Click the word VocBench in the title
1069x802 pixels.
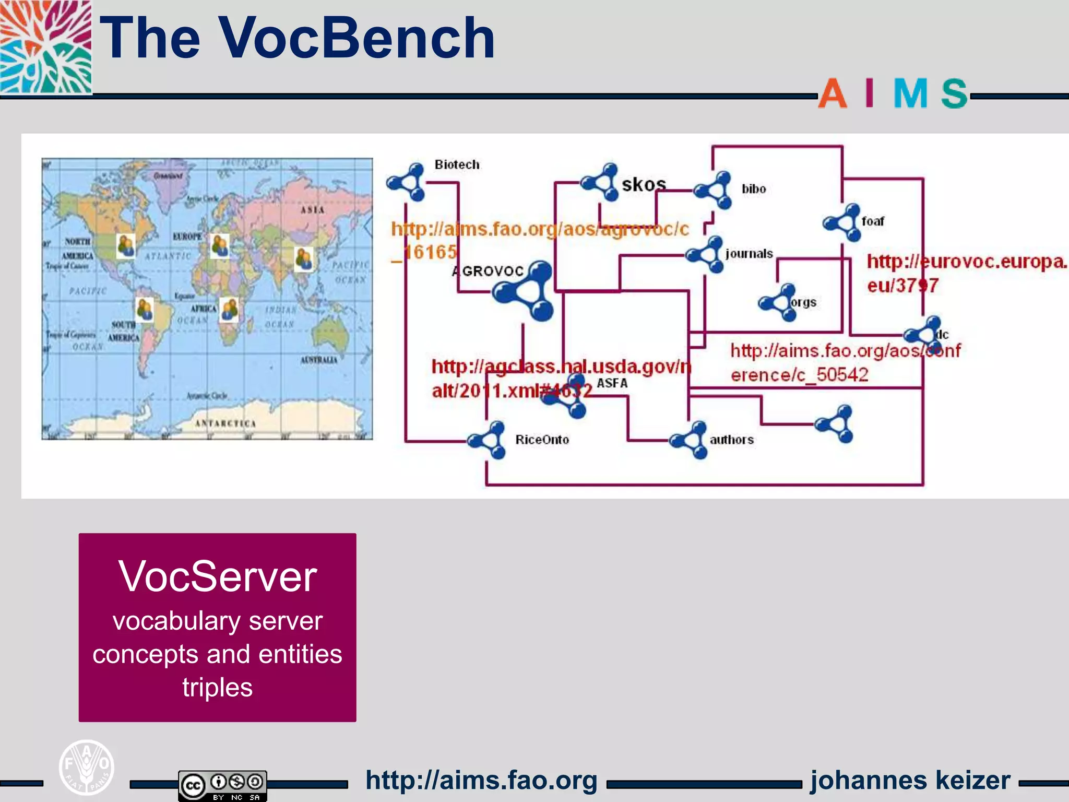[x=357, y=38]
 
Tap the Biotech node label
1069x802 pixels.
[x=457, y=164]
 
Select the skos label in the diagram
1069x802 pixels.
[x=644, y=184]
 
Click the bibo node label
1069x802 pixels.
[x=754, y=189]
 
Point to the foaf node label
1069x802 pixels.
[x=873, y=221]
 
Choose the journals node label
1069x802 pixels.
[x=749, y=254]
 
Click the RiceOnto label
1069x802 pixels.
[x=542, y=440]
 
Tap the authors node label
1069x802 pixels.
[x=731, y=440]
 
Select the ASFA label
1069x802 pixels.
[x=612, y=383]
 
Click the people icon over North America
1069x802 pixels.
[x=126, y=245]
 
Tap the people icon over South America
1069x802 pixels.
[x=145, y=310]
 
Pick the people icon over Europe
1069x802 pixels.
[x=220, y=245]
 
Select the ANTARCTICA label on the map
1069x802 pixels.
[x=225, y=423]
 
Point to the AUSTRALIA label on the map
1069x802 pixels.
[x=318, y=360]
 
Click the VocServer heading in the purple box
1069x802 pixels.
[x=218, y=576]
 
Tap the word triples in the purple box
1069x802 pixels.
[x=218, y=687]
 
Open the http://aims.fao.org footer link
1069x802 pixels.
[x=481, y=780]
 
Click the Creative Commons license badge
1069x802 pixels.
[x=223, y=785]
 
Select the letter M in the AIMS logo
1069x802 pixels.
[x=910, y=94]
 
